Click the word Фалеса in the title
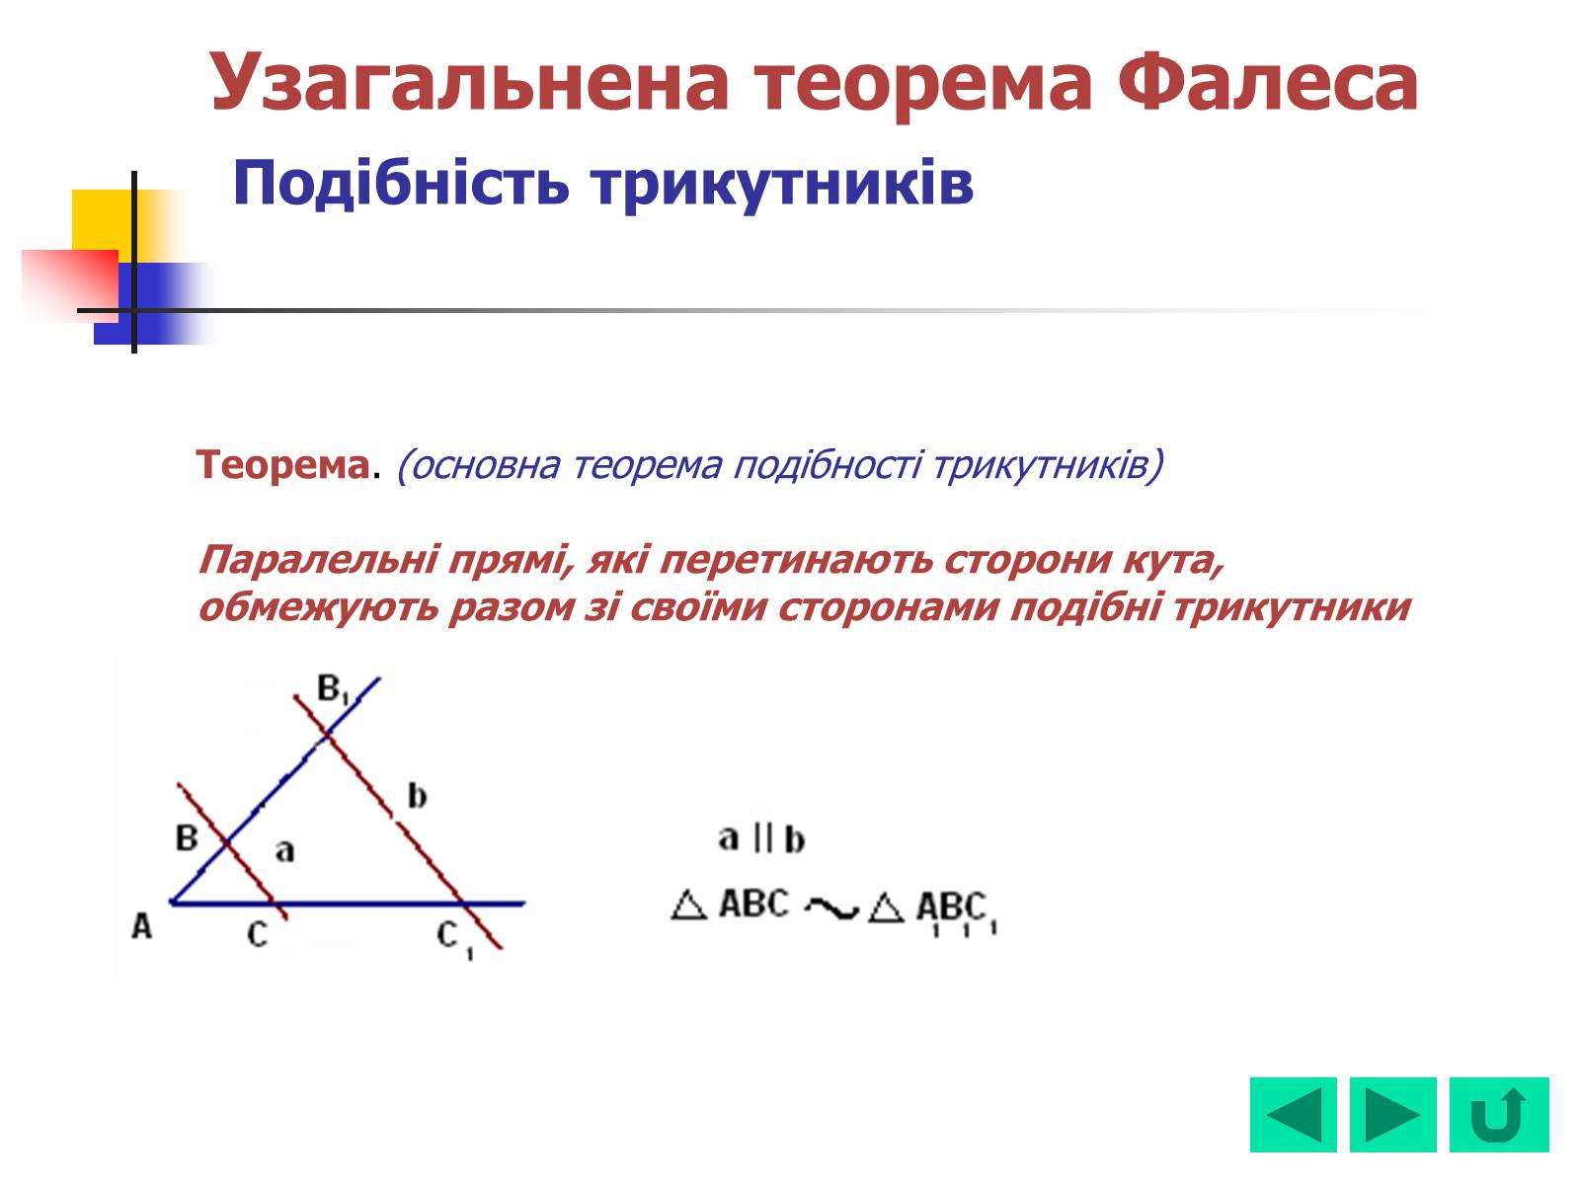pos(1267,82)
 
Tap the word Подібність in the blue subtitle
pos(401,185)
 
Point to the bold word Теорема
pos(282,465)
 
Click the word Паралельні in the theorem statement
pos(318,561)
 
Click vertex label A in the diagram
pos(142,926)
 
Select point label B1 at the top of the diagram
pos(333,689)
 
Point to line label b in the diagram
pos(418,796)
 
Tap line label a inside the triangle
pos(285,851)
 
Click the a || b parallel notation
pos(760,839)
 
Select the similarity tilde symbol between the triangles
pos(831,908)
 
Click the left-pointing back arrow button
pos(1293,1115)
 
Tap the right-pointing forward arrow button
pos(1392,1115)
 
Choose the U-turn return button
pos(1499,1115)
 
